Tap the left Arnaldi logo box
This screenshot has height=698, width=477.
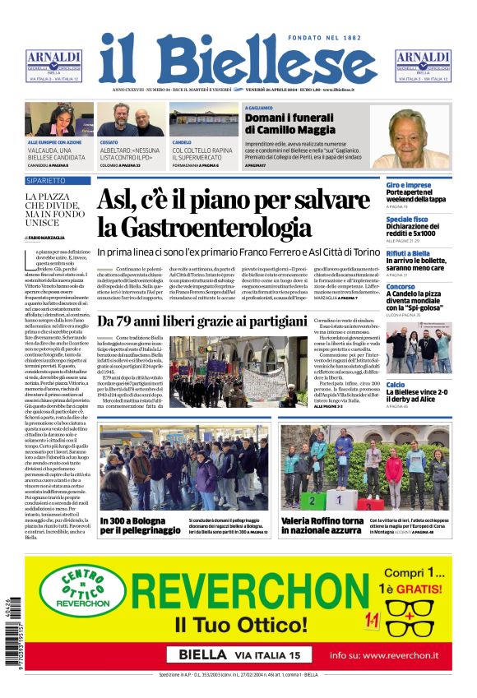pos(53,66)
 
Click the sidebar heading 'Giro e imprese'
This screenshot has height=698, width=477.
pos(409,186)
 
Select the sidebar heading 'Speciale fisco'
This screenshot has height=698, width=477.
pos(407,220)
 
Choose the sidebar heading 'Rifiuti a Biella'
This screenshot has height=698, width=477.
pos(409,254)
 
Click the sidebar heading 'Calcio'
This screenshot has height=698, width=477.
pos(396,385)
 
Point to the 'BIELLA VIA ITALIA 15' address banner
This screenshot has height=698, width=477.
pos(238,654)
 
